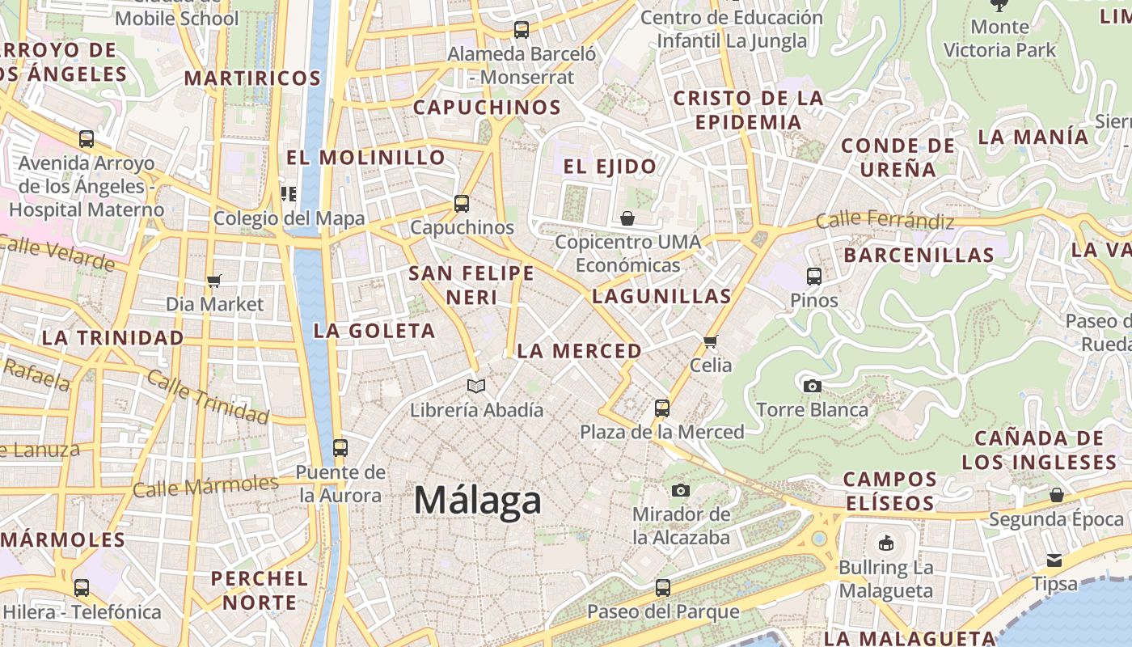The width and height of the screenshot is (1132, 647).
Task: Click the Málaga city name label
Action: (477, 501)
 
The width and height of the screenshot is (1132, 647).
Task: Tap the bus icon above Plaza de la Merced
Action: (662, 408)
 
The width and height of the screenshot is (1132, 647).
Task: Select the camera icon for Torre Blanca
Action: (813, 386)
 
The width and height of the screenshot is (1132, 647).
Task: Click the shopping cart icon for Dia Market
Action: (214, 281)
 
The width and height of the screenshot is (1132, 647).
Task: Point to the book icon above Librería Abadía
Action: (476, 386)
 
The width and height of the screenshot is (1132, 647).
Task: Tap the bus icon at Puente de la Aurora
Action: (340, 447)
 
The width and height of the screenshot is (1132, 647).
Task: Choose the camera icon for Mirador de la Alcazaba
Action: (681, 490)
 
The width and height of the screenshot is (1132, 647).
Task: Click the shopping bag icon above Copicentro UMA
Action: (627, 218)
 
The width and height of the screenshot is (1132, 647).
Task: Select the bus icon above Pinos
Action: (814, 276)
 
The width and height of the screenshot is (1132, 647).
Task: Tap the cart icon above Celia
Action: (711, 341)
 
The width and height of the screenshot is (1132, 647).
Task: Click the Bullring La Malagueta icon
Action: (886, 543)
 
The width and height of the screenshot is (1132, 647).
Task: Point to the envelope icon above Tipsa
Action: (1054, 560)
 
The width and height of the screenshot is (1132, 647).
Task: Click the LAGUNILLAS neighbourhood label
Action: (661, 296)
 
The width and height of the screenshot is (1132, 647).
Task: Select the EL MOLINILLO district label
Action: (365, 157)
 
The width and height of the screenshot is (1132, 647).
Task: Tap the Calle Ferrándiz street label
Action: (885, 219)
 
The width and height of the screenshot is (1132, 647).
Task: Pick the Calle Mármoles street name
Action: (205, 486)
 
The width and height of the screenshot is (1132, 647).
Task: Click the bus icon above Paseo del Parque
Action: (663, 588)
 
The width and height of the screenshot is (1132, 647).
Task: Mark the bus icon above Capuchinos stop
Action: (462, 204)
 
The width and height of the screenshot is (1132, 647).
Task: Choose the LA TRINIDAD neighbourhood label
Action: (112, 337)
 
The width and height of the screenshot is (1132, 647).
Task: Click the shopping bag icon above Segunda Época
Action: (1057, 495)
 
